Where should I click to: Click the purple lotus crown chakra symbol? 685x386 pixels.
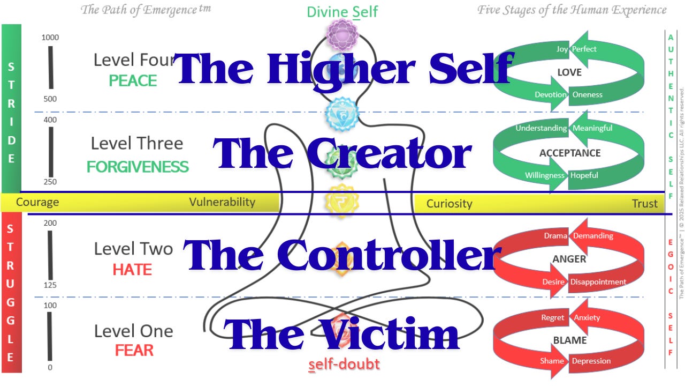coord(342,35)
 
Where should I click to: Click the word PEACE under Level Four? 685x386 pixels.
coord(133,81)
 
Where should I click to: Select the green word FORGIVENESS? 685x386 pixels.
coord(138,167)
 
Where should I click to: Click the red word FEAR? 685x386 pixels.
coord(134,351)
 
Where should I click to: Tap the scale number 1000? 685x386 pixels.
coord(50,38)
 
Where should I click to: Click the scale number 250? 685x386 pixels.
coord(50,182)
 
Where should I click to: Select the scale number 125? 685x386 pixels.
coord(50,285)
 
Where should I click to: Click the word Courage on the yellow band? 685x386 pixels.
coord(37,203)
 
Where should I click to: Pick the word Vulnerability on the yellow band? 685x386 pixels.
coord(222,202)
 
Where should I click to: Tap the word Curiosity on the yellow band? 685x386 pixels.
coord(449,204)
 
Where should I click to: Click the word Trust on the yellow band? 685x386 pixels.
coord(644,204)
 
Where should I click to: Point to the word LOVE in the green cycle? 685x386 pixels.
coord(569,72)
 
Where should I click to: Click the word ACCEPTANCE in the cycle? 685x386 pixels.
coord(569,153)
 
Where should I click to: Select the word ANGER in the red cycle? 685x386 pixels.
coord(569,259)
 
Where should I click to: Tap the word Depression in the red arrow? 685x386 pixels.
coord(591,361)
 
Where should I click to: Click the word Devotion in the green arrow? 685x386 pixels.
coord(550,95)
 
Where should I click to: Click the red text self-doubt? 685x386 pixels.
coord(344,365)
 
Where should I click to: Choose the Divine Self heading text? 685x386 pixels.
coord(342,12)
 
